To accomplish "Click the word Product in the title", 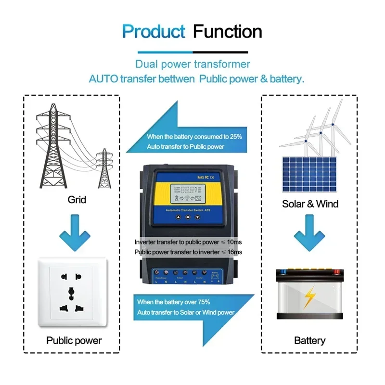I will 154,32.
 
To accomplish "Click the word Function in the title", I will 228,32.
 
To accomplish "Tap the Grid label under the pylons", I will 77,199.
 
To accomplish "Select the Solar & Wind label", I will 310,204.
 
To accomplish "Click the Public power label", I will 74,340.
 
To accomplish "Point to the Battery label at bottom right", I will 309,340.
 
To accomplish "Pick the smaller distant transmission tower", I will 103,168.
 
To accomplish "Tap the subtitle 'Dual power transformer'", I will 192,64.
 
